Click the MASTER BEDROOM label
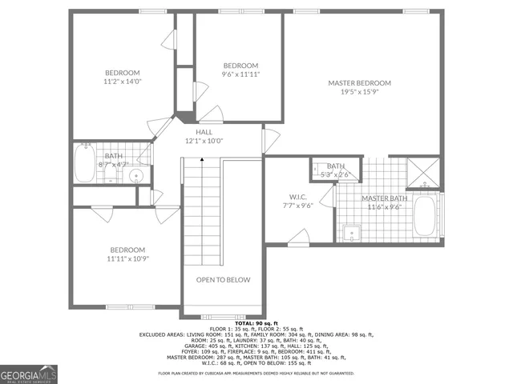(359, 83)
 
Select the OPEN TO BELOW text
(224, 280)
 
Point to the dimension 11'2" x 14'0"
(122, 82)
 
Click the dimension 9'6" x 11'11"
(240, 74)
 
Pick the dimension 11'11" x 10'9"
(127, 258)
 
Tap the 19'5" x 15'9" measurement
(359, 93)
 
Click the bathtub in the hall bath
(84, 165)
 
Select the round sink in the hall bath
(137, 176)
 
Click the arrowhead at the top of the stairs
(201, 159)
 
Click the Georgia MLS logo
(28, 373)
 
